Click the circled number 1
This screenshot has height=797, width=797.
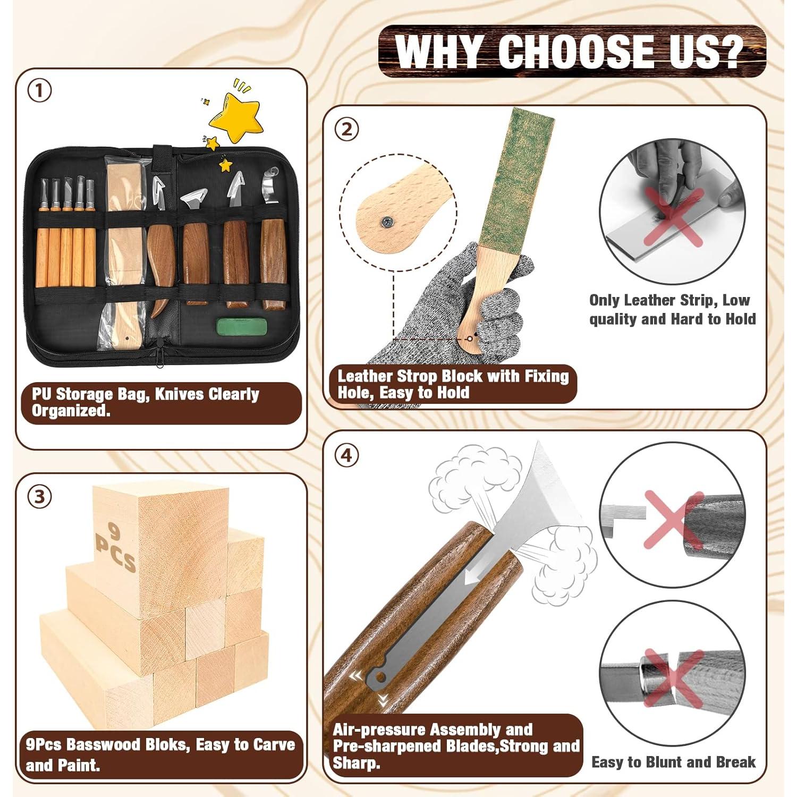tap(40, 91)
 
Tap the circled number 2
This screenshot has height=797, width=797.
tap(347, 129)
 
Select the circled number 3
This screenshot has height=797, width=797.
tap(40, 497)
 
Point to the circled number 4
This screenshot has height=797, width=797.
tap(347, 455)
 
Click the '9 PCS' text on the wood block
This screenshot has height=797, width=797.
tap(115, 547)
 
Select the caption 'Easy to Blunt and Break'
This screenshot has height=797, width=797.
tap(673, 762)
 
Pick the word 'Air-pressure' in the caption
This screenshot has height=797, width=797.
tap(379, 730)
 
